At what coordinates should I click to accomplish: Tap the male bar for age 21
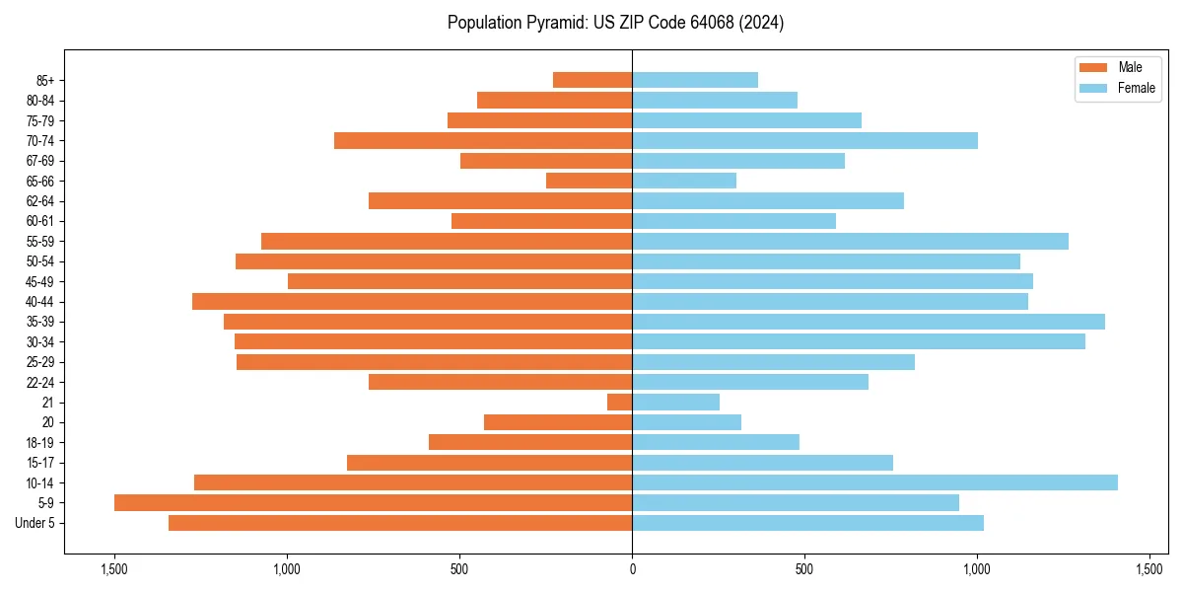(x=620, y=402)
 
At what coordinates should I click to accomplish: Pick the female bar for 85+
(x=695, y=80)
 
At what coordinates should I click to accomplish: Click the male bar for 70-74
(x=483, y=140)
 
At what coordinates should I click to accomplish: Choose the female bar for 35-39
(x=868, y=322)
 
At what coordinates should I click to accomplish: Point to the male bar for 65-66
(x=589, y=181)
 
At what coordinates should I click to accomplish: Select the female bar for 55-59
(x=850, y=241)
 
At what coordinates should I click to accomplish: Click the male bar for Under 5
(x=400, y=523)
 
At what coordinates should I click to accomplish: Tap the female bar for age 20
(x=686, y=422)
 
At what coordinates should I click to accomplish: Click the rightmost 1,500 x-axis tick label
(x=1149, y=569)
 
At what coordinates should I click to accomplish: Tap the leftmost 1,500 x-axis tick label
(x=114, y=569)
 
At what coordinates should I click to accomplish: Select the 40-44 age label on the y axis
(x=40, y=302)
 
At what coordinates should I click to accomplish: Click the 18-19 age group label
(x=40, y=443)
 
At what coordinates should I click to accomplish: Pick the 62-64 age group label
(x=40, y=201)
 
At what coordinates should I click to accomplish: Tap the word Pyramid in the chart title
(x=553, y=23)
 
